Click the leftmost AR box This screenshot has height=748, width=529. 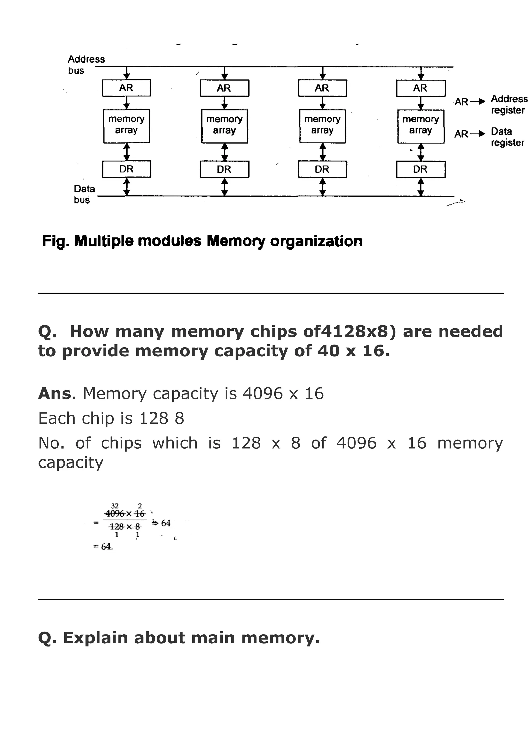click(126, 88)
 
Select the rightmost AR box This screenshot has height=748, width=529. click(421, 88)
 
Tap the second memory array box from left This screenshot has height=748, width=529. click(224, 126)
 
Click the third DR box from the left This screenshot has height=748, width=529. click(322, 169)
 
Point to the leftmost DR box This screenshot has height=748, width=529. click(126, 169)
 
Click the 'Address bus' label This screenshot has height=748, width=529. click(86, 65)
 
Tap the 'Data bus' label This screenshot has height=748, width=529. click(84, 194)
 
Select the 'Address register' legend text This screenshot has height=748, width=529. click(509, 104)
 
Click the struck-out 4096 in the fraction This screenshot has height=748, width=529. click(115, 514)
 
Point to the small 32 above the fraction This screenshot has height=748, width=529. click(115, 506)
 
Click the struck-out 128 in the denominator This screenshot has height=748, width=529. click(116, 526)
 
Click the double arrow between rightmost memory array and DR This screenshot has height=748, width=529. click(421, 152)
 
